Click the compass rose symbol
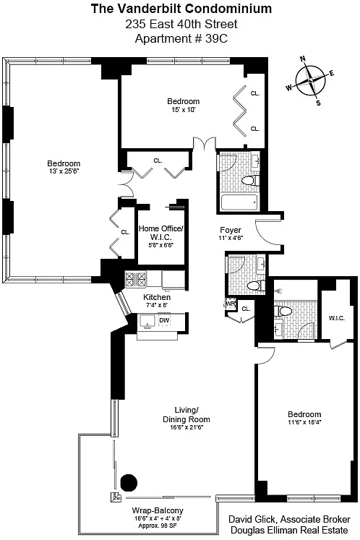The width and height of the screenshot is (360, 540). [x=309, y=80]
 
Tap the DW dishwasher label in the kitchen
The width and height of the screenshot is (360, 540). [x=164, y=320]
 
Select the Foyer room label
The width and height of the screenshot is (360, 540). [x=231, y=230]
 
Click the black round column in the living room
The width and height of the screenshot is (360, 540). [x=129, y=482]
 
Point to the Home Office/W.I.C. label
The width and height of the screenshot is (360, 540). [x=161, y=233]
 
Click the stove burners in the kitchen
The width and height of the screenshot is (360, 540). [x=135, y=279]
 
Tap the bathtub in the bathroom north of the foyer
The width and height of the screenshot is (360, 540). [x=239, y=202]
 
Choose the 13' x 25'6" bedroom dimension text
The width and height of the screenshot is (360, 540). [x=64, y=171]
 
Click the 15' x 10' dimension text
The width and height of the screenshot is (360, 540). [x=184, y=109]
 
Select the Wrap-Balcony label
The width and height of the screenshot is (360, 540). [x=158, y=510]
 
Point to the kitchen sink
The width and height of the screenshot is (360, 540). [x=148, y=322]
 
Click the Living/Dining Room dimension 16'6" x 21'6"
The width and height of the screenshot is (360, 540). [x=187, y=427]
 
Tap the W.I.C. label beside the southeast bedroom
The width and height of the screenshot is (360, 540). [x=337, y=318]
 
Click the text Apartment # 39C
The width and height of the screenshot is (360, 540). [x=181, y=38]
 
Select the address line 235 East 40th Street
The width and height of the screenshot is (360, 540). [x=181, y=24]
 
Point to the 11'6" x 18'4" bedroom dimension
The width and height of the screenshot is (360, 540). [x=304, y=422]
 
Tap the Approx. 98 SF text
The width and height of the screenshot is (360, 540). [x=158, y=526]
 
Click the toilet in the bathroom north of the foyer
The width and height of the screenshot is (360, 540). [x=250, y=181]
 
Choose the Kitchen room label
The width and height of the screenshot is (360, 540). [x=157, y=297]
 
